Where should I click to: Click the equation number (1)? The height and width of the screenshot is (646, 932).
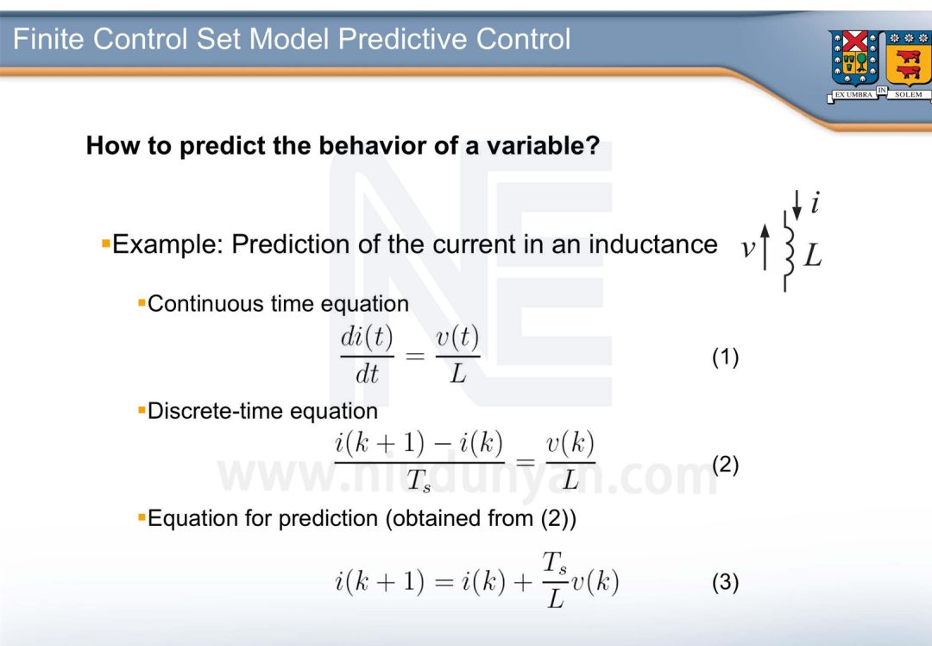pyautogui.click(x=725, y=358)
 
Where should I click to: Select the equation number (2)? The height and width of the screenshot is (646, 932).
pyautogui.click(x=725, y=465)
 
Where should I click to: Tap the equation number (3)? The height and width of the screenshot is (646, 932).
pyautogui.click(x=725, y=582)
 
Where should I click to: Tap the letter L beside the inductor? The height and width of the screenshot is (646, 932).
pyautogui.click(x=813, y=256)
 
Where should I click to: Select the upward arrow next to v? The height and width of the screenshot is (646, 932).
pyautogui.click(x=765, y=247)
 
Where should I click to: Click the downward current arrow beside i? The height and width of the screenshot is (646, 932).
pyautogui.click(x=797, y=206)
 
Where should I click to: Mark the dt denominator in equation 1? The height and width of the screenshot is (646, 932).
pyautogui.click(x=367, y=374)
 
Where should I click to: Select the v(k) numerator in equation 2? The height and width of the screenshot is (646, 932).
pyautogui.click(x=570, y=445)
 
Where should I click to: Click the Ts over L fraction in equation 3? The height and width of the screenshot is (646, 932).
pyautogui.click(x=555, y=580)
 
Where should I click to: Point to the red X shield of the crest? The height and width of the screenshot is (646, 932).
pyautogui.click(x=855, y=42)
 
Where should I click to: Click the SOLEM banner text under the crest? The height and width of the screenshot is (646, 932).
pyautogui.click(x=908, y=95)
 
